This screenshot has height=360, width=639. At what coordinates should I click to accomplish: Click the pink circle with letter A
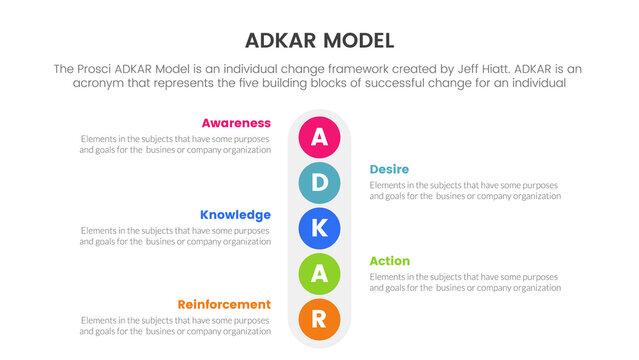pyautogui.click(x=319, y=137)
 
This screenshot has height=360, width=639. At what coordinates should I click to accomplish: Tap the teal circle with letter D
pyautogui.click(x=319, y=182)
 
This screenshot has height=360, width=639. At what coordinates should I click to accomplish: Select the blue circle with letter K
pyautogui.click(x=319, y=228)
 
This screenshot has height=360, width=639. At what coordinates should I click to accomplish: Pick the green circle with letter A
pyautogui.click(x=319, y=273)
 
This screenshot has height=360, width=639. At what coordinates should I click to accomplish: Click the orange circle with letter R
pyautogui.click(x=319, y=318)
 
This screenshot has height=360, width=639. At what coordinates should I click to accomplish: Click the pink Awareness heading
pyautogui.click(x=236, y=123)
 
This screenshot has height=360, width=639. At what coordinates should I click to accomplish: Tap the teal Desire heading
pyautogui.click(x=389, y=169)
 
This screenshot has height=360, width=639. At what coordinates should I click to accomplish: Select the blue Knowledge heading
pyautogui.click(x=235, y=214)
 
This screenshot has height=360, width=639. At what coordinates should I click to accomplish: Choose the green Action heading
pyautogui.click(x=390, y=261)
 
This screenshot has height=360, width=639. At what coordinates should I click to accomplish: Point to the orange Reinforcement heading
pyautogui.click(x=224, y=304)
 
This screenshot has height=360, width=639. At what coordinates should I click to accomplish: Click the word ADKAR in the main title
pyautogui.click(x=279, y=41)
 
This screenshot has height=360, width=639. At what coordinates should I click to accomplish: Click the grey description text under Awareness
pyautogui.click(x=175, y=144)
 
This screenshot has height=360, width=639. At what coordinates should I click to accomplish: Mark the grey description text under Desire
pyautogui.click(x=465, y=190)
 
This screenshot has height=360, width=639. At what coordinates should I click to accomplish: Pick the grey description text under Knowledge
pyautogui.click(x=175, y=236)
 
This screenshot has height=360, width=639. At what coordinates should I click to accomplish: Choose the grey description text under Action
pyautogui.click(x=465, y=282)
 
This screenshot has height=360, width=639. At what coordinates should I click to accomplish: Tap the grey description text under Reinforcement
pyautogui.click(x=175, y=326)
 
